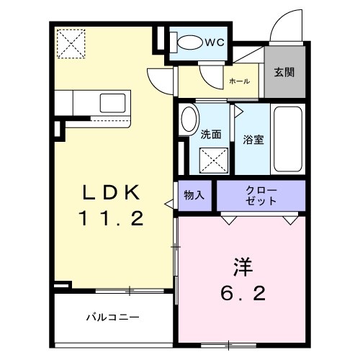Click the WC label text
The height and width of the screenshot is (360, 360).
click(215, 42)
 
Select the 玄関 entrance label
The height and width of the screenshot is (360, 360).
click(282, 73)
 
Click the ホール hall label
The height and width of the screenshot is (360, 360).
click(238, 81)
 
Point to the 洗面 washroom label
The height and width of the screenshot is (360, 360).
click(210, 133)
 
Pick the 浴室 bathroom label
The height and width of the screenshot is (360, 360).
click(253, 139)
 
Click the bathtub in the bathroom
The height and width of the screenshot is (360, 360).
click(289, 139)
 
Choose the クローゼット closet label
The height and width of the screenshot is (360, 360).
click(261, 195)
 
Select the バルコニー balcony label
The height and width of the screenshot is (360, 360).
click(113, 316)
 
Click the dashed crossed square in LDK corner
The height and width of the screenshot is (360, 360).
click(71, 42)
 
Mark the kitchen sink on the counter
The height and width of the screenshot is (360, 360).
click(114, 101)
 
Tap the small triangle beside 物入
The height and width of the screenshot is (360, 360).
click(170, 204)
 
